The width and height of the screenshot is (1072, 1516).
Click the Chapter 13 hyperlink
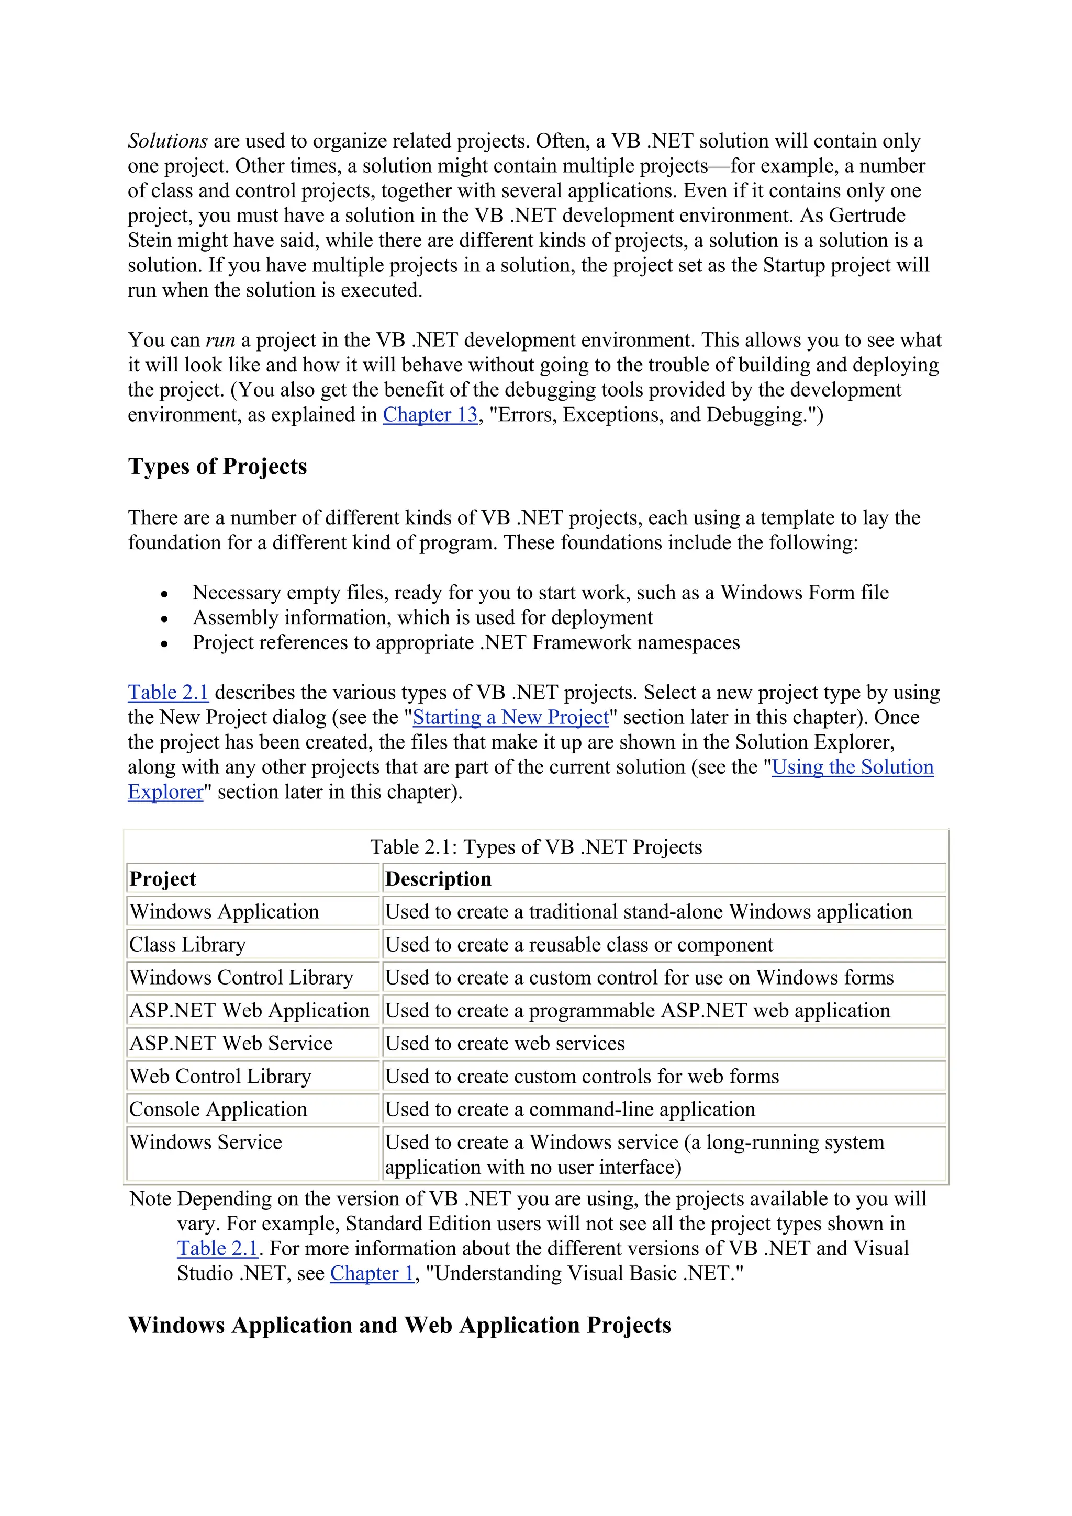(x=430, y=415)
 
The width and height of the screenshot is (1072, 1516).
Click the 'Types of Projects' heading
(x=217, y=466)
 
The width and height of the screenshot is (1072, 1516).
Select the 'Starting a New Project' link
(x=510, y=717)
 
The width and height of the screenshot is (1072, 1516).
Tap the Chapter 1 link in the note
(x=372, y=1273)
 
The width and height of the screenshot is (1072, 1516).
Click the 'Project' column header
(x=163, y=879)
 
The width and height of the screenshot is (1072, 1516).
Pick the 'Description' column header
(x=438, y=879)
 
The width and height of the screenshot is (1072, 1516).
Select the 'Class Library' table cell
(x=187, y=945)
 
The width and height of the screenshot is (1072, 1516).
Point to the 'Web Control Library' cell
(x=220, y=1076)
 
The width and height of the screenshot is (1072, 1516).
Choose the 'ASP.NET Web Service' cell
(x=231, y=1043)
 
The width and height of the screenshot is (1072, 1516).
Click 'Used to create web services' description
(x=505, y=1043)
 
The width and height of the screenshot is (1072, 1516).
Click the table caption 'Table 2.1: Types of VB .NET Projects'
(x=535, y=847)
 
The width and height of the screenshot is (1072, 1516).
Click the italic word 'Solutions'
(x=168, y=141)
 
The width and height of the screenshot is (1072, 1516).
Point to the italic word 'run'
(x=220, y=340)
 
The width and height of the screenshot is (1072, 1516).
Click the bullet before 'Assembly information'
(x=164, y=619)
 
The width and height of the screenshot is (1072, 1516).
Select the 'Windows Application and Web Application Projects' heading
(x=399, y=1325)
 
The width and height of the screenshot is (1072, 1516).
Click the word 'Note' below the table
(x=151, y=1198)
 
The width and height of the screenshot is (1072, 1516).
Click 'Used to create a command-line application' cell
(x=570, y=1109)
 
